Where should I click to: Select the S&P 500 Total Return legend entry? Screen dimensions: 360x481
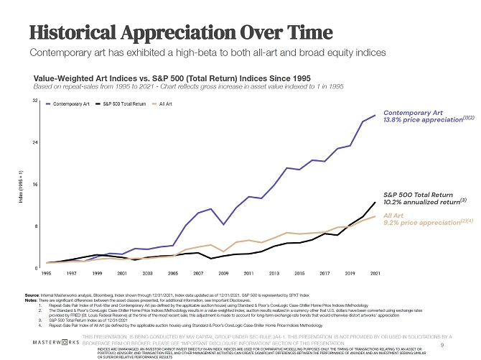point(124,104)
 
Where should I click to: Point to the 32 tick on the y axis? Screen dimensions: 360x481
point(35,101)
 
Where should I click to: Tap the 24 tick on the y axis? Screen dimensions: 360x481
point(35,143)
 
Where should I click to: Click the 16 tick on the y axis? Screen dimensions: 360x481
point(35,185)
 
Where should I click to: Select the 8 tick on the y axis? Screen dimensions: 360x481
point(36,226)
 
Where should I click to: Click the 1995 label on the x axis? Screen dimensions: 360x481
point(47,274)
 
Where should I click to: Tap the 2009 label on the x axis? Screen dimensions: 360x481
point(223,274)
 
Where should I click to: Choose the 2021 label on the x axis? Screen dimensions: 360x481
point(375,274)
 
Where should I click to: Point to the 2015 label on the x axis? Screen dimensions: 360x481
point(299,274)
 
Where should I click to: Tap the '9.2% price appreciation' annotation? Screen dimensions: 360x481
point(419,223)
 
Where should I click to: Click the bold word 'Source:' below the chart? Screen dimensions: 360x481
point(33,295)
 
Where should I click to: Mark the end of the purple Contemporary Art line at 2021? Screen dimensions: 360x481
point(375,116)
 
